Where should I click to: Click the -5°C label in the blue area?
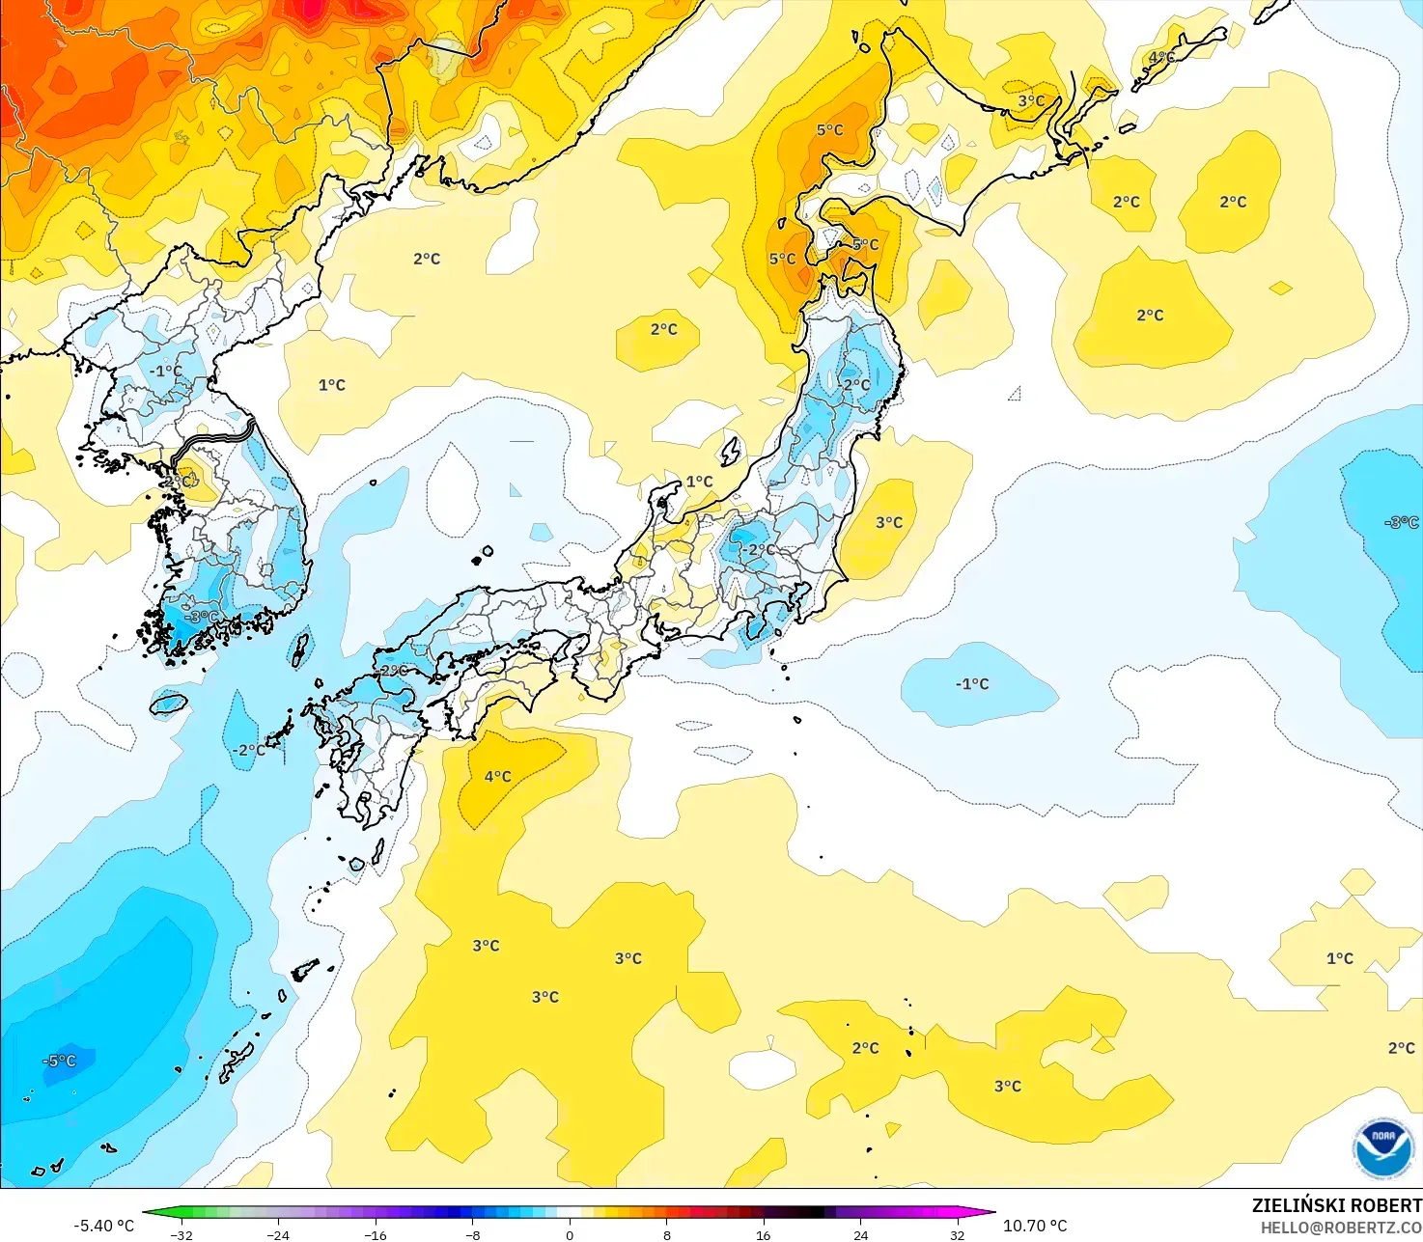pos(59,1061)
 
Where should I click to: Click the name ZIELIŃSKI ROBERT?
pos(1336,1205)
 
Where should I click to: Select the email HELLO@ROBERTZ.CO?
pos(1341,1228)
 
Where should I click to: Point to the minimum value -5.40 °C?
pos(103,1226)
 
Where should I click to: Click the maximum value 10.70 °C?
pos(1035,1226)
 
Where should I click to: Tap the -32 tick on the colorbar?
pos(181,1234)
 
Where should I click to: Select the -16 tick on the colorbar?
pos(376,1234)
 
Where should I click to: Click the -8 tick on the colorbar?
pos(472,1234)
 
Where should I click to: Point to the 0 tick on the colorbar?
pos(570,1234)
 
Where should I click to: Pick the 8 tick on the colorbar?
pos(667,1234)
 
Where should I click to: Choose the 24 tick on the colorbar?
pos(861,1234)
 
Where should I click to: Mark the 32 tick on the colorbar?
pos(958,1234)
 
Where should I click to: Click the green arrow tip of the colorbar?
pos(148,1213)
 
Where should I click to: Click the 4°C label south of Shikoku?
pos(497,776)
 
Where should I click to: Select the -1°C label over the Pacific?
pos(972,683)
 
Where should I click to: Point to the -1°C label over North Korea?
pos(165,371)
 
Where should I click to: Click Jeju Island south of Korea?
pos(168,704)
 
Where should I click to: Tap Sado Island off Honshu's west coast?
pos(731,451)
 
